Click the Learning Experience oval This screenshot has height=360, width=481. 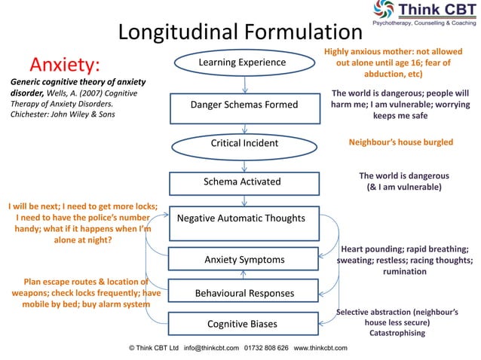tap(242, 63)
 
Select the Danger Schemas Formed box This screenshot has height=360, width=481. tap(244, 105)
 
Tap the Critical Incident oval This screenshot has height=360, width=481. tap(244, 143)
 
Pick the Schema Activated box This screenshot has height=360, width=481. tap(242, 182)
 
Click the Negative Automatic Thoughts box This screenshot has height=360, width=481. tap(241, 218)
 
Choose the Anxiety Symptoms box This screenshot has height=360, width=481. tap(244, 260)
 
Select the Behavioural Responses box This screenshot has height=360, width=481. tap(244, 292)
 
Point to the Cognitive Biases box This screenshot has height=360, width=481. tap(242, 324)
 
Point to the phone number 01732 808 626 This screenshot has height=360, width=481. tap(267, 348)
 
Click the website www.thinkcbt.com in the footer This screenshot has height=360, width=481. tap(320, 348)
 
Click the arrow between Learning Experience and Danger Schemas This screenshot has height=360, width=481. tap(243, 84)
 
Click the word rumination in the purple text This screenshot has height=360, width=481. tap(405, 272)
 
